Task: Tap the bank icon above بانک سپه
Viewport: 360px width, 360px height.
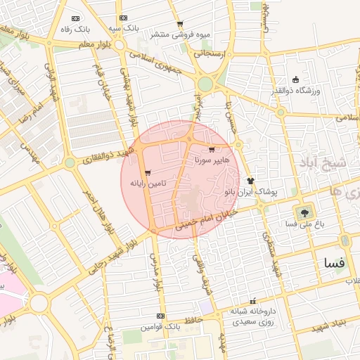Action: pos(124,18)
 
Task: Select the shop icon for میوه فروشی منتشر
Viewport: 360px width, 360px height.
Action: pos(180,22)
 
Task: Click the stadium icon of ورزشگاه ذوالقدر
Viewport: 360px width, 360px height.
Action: pos(295,79)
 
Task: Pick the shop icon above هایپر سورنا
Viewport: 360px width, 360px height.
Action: pos(212,150)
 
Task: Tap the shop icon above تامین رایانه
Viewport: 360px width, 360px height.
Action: pos(147,173)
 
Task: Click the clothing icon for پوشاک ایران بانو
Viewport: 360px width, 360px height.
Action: pos(250,181)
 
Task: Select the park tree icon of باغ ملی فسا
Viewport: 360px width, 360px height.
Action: pos(304,211)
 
